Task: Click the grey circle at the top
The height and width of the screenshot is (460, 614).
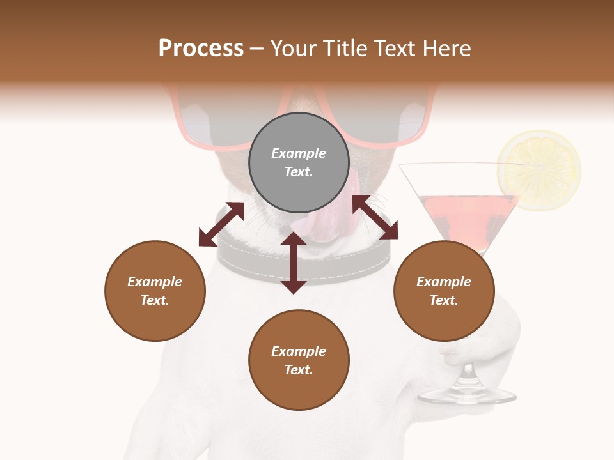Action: click(x=299, y=163)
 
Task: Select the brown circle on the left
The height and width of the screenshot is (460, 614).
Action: click(x=155, y=291)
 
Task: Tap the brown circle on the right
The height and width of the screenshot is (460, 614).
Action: click(x=444, y=291)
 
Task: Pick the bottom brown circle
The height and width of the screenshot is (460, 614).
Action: click(x=299, y=360)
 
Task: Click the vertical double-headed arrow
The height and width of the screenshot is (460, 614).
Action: click(x=294, y=263)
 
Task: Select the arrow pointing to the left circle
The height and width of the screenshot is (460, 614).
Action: click(x=221, y=224)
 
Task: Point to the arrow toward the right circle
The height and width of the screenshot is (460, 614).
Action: click(x=375, y=217)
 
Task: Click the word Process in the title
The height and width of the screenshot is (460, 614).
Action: click(x=201, y=48)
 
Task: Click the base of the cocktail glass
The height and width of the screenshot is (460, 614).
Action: click(x=467, y=395)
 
